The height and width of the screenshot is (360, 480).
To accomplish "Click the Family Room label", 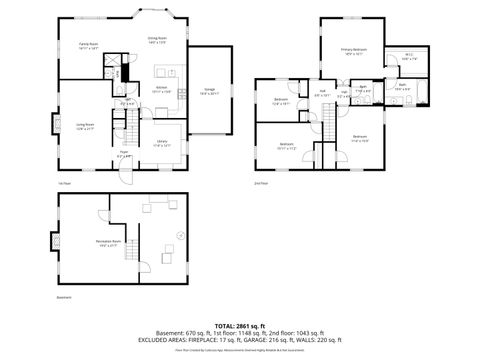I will (x=88, y=46).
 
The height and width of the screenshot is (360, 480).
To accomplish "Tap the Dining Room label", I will (x=158, y=40).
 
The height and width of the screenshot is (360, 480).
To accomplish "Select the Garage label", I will (x=210, y=91).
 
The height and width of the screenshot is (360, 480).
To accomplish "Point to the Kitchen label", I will (x=160, y=90).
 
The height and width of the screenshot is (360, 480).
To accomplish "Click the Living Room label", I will (x=84, y=125).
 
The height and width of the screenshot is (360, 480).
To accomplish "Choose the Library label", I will (x=162, y=145).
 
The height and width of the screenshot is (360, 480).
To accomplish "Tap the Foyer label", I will (x=124, y=156).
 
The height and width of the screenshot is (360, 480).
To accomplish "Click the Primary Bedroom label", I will (x=353, y=50).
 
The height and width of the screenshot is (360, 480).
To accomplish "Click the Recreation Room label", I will (x=109, y=243).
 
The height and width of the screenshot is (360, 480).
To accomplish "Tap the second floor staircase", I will (x=326, y=117).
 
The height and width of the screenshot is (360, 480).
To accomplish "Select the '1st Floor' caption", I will (x=64, y=183).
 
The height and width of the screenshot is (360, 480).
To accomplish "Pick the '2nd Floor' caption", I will (x=262, y=183).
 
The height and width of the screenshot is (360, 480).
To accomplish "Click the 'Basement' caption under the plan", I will (x=64, y=297).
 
